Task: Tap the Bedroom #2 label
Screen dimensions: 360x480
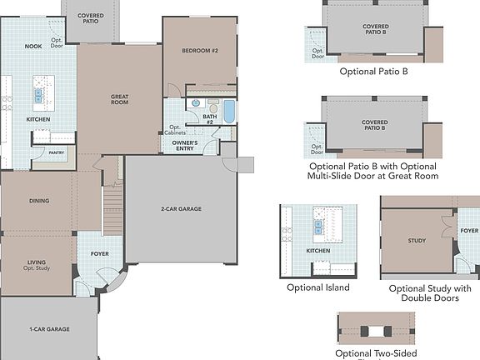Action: (199, 51)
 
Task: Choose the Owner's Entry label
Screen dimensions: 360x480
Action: (184, 145)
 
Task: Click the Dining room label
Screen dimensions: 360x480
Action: (38, 201)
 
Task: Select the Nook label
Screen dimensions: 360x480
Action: (32, 47)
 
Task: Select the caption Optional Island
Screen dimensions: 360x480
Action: (317, 287)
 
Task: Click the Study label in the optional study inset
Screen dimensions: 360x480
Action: (417, 241)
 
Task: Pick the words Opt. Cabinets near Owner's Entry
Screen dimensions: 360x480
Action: (174, 131)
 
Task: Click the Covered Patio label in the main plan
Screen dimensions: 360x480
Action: (90, 18)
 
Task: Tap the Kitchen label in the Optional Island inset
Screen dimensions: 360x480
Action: (317, 250)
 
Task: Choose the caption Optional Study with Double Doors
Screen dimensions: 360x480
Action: (430, 293)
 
